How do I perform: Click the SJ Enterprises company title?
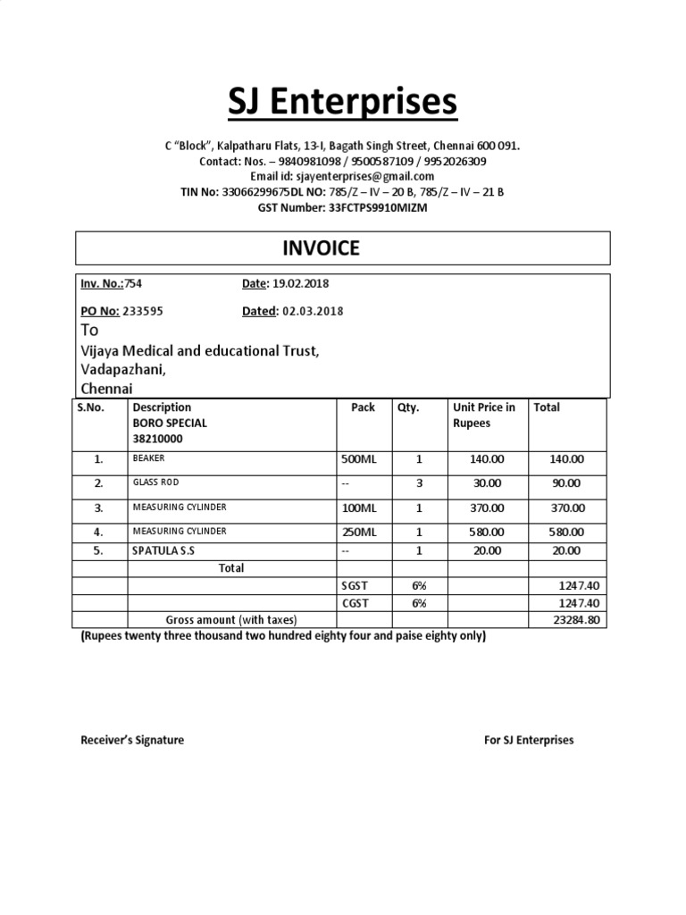[x=342, y=103]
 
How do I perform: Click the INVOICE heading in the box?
[x=321, y=248]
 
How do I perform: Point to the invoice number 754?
[x=133, y=284]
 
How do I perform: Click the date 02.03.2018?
[x=313, y=311]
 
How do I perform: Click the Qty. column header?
[x=407, y=407]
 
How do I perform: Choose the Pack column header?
[x=363, y=407]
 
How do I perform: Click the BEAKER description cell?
[x=148, y=458]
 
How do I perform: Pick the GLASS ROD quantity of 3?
[x=418, y=483]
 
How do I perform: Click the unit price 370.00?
[x=488, y=508]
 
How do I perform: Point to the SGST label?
[x=354, y=586]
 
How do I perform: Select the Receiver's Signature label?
[x=132, y=740]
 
